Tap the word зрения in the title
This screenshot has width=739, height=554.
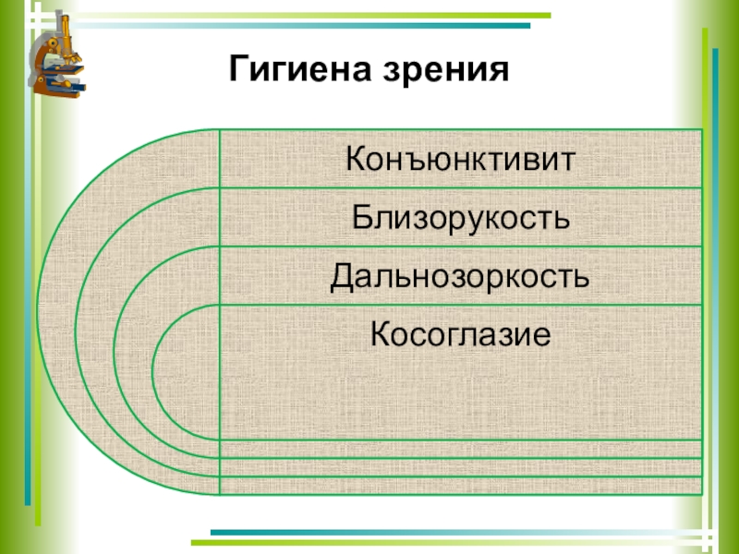tap(446, 70)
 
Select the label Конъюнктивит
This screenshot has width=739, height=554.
tap(460, 160)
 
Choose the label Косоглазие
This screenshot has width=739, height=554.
tap(460, 333)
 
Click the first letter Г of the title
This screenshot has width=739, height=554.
tap(237, 68)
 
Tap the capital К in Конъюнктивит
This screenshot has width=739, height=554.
tap(356, 160)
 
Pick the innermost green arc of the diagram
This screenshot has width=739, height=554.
tap(153, 369)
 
